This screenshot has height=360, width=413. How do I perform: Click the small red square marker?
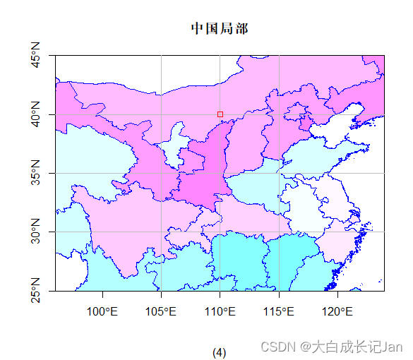pos(220,114)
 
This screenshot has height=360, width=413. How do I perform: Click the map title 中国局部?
pos(220,28)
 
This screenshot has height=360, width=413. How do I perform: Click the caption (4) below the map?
pos(220,352)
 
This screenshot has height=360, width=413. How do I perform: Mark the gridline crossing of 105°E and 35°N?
pos(161,173)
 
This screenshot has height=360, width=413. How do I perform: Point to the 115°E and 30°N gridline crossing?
pos(279,232)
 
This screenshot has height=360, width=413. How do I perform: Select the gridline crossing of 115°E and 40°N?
pos(279,114)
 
